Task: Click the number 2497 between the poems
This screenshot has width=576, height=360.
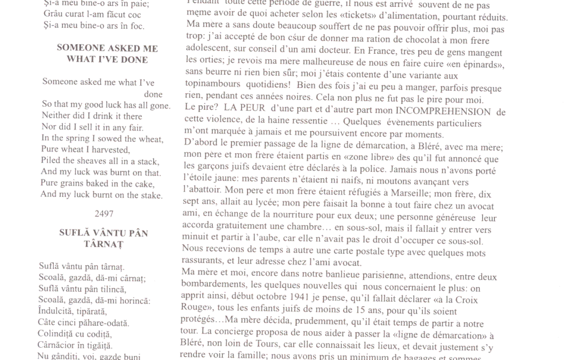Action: (104, 213)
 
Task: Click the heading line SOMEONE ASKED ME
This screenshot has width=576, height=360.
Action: (107, 48)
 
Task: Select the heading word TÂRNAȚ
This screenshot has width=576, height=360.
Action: (103, 244)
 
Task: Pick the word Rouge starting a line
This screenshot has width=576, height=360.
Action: (196, 311)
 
